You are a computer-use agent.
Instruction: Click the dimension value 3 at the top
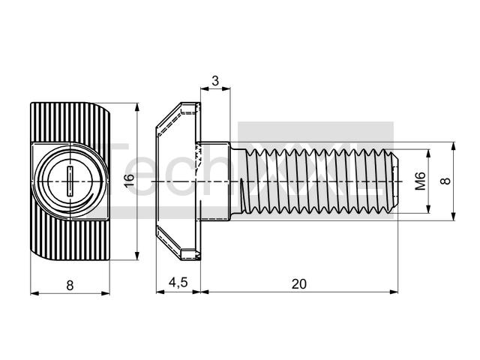(215, 81)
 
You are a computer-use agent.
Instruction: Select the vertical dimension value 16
(130, 180)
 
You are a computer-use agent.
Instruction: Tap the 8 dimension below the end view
(70, 286)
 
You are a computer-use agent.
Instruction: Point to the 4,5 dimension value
(178, 282)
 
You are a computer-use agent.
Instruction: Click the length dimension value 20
(298, 284)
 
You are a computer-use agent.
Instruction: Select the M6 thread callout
(420, 181)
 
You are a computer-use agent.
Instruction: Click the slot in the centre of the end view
(70, 181)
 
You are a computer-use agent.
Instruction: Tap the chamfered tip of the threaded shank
(395, 181)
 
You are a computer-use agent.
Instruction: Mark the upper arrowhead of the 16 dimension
(137, 107)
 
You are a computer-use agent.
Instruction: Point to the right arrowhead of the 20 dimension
(394, 292)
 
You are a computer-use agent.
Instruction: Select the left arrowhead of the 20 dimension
(205, 292)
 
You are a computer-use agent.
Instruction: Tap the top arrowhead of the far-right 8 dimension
(454, 146)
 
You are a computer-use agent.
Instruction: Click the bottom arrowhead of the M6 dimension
(428, 209)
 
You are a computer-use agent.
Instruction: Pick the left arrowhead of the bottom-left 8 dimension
(34, 293)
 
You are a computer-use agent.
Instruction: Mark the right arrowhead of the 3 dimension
(226, 88)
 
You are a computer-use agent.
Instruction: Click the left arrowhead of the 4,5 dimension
(160, 292)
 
